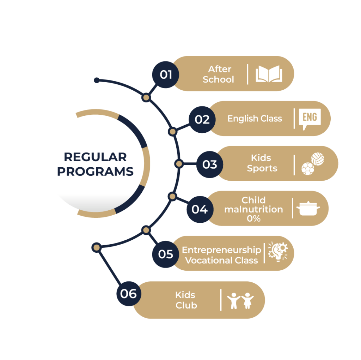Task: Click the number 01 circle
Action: (165, 74)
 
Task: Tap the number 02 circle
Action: (202, 119)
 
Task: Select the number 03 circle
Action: (210, 164)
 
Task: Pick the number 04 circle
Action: (200, 209)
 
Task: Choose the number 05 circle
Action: (165, 254)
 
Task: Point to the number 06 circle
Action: (128, 293)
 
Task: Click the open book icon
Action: (269, 74)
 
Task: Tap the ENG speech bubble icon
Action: (310, 119)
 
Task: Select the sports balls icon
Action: (313, 164)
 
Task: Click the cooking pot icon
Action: (308, 209)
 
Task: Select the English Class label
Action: (255, 119)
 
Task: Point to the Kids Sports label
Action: (262, 163)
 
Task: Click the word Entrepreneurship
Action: (221, 250)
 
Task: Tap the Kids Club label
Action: (186, 300)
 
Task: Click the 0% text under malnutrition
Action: (253, 218)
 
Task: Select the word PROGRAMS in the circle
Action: (95, 172)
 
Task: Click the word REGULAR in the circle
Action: (95, 157)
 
